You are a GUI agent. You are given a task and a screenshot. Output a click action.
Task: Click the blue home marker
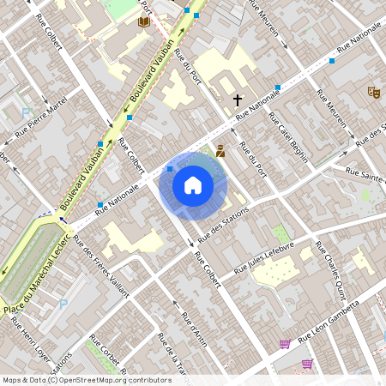(x=193, y=184)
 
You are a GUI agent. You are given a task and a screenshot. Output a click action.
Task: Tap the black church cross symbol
(x=238, y=100)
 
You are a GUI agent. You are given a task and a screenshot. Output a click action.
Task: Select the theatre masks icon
(x=373, y=90)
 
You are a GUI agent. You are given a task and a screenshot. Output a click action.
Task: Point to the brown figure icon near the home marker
(x=220, y=151)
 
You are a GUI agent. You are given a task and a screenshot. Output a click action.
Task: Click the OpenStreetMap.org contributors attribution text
(x=111, y=379)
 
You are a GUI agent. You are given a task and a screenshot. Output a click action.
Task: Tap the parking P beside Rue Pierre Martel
(x=25, y=112)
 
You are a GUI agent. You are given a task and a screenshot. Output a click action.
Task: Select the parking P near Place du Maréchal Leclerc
(x=63, y=304)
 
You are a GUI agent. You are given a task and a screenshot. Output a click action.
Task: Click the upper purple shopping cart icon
(x=284, y=344)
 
